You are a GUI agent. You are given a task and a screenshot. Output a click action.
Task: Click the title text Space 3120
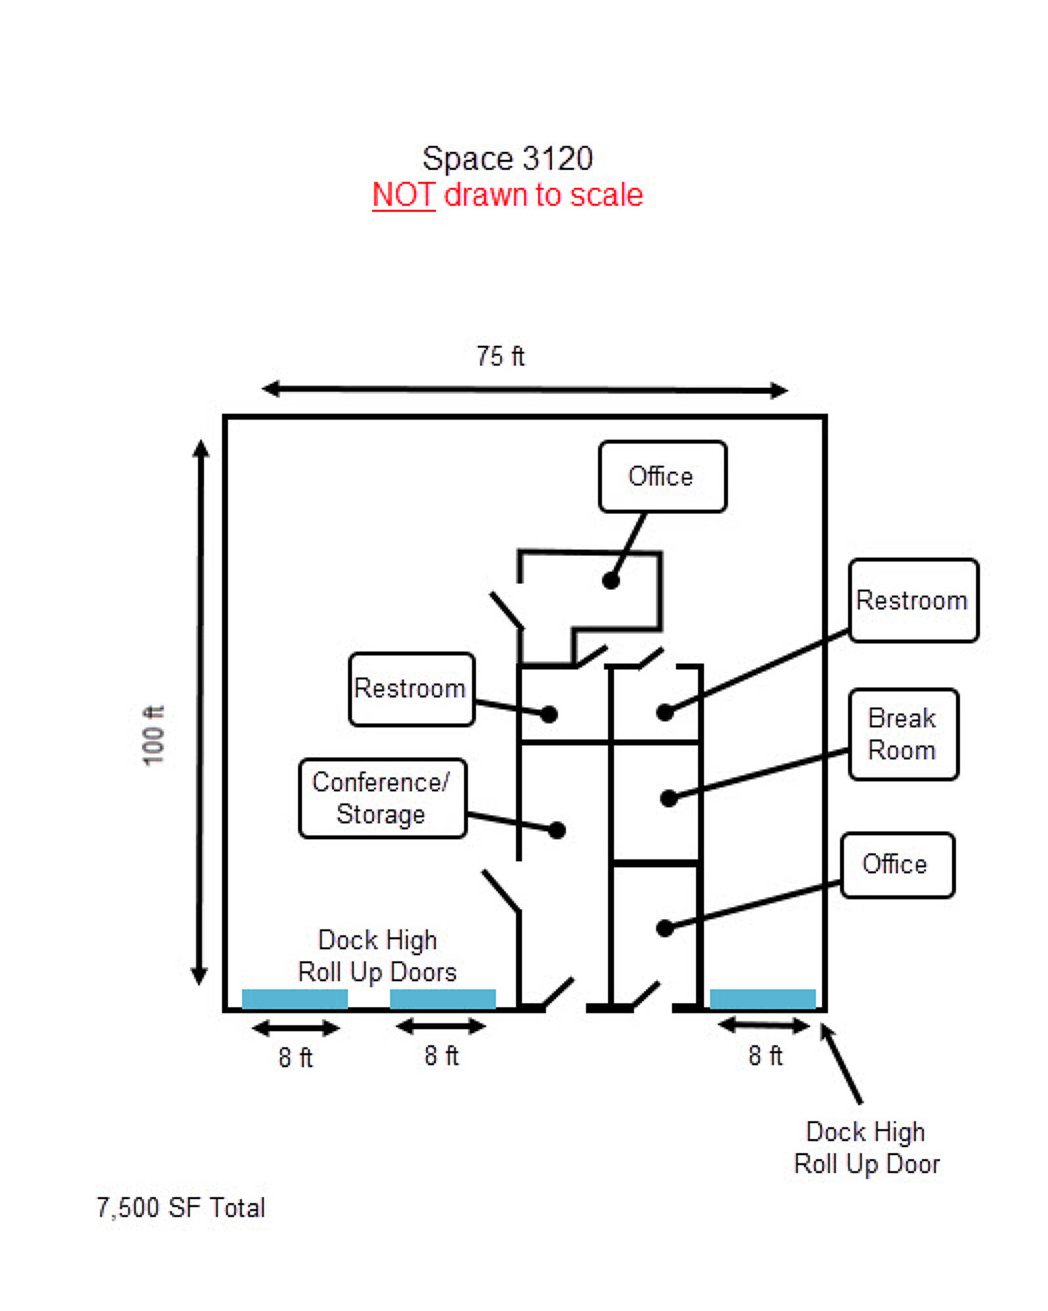click(x=507, y=158)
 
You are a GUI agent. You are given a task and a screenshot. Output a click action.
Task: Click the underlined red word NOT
click(x=403, y=195)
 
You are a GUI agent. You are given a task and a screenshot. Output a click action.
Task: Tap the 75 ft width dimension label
click(x=500, y=356)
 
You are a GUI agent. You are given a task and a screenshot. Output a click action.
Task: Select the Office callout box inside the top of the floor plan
click(x=662, y=476)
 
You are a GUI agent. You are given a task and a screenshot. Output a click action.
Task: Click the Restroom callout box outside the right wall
click(x=912, y=600)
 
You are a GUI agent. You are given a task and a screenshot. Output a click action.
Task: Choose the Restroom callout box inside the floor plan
click(x=411, y=688)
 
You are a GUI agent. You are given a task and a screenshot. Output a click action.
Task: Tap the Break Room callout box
click(x=902, y=734)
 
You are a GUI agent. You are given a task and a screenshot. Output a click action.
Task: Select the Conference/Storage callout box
click(x=382, y=798)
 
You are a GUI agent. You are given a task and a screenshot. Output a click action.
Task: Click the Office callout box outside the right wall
click(x=896, y=864)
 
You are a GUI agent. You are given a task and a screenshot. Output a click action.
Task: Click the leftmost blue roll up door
click(x=294, y=998)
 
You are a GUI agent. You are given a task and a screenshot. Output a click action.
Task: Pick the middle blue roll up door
click(x=443, y=998)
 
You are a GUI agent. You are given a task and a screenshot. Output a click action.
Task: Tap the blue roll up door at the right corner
click(x=762, y=998)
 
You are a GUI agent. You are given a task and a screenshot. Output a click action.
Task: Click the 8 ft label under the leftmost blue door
click(x=295, y=1057)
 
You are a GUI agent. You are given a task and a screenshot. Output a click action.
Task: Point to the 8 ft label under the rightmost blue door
click(x=765, y=1055)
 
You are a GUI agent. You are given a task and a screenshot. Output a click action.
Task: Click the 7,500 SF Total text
click(x=181, y=1207)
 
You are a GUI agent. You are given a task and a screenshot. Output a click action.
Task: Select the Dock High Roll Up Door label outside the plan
click(x=866, y=1147)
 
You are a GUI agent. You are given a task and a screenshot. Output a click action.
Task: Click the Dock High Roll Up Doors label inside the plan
click(x=377, y=955)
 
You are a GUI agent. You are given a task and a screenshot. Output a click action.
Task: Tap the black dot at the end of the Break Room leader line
click(x=668, y=798)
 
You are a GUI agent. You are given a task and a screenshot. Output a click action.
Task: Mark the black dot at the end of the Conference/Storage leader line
click(x=557, y=830)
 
